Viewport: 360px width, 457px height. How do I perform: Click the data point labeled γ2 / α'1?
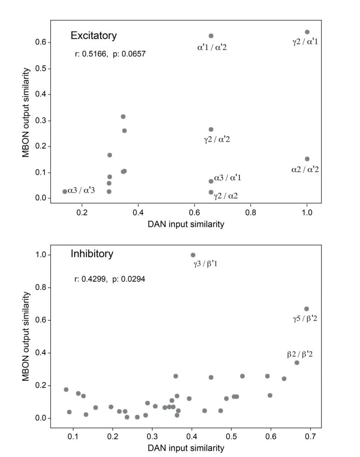coord(307,32)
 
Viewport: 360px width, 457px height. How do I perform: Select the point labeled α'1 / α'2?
coord(211,36)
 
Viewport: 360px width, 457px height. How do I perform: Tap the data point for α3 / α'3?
coord(65,192)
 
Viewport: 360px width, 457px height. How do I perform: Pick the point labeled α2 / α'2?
coord(307,159)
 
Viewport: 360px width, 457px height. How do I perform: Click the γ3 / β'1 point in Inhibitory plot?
coord(193,255)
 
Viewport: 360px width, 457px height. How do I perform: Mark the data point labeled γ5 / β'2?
coord(306,309)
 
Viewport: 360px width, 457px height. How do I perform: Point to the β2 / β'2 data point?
coord(297,363)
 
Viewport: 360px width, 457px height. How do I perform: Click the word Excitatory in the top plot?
coord(94,36)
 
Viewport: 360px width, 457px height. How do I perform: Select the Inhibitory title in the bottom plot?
coord(92,254)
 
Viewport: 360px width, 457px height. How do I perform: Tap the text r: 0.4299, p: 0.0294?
coord(110,280)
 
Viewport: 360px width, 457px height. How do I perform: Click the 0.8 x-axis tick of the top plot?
coord(251,213)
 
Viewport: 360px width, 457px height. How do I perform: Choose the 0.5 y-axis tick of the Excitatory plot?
coord(40,69)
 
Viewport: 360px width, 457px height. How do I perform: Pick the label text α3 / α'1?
coord(227,178)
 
